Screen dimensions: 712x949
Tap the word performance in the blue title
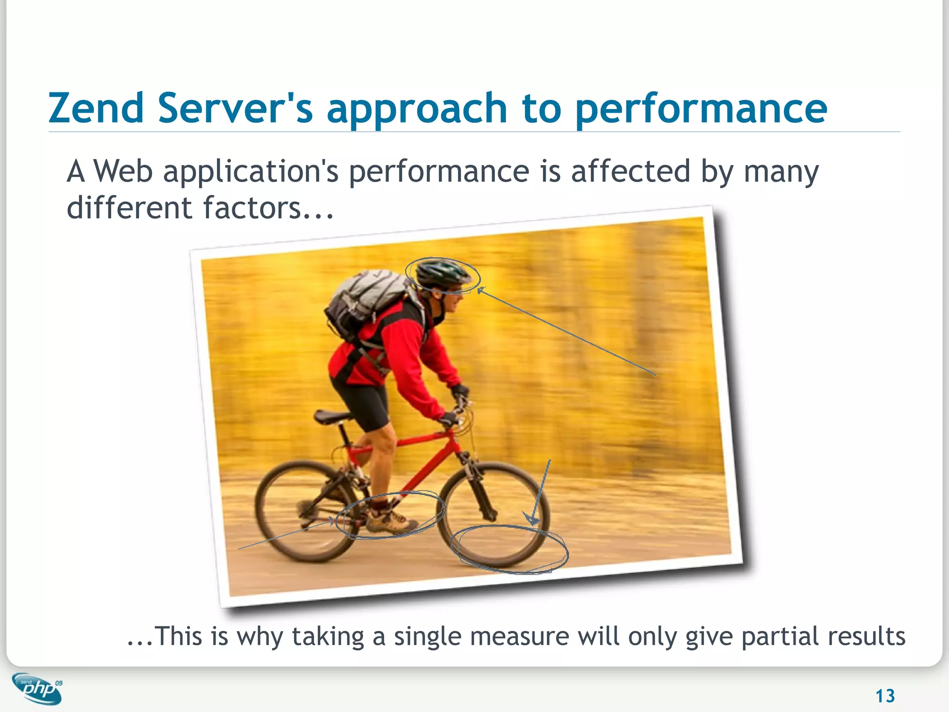tap(701, 109)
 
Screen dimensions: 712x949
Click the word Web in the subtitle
tap(123, 171)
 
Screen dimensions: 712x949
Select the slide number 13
tap(885, 696)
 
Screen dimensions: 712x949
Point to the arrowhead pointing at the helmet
tap(480, 290)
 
